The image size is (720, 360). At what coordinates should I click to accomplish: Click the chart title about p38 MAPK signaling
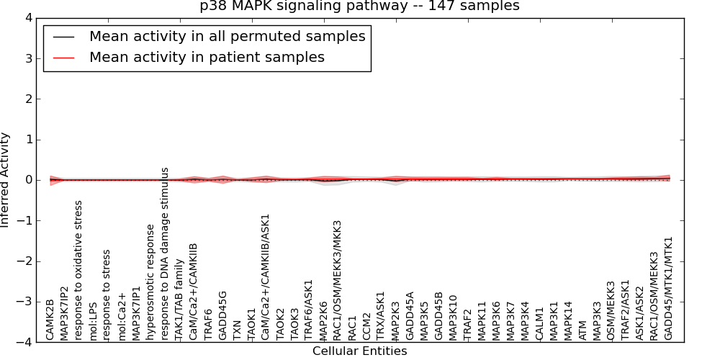(359, 6)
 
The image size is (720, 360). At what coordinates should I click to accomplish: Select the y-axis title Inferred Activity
(6, 180)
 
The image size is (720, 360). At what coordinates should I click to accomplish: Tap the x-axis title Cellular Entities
(359, 351)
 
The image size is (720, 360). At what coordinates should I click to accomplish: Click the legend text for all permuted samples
(227, 37)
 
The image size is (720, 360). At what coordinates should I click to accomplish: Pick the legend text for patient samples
(207, 57)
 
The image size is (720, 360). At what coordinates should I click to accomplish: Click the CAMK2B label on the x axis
(50, 319)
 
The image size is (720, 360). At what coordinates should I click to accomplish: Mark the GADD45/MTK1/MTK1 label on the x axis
(668, 288)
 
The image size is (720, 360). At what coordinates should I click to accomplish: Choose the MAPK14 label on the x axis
(568, 320)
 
